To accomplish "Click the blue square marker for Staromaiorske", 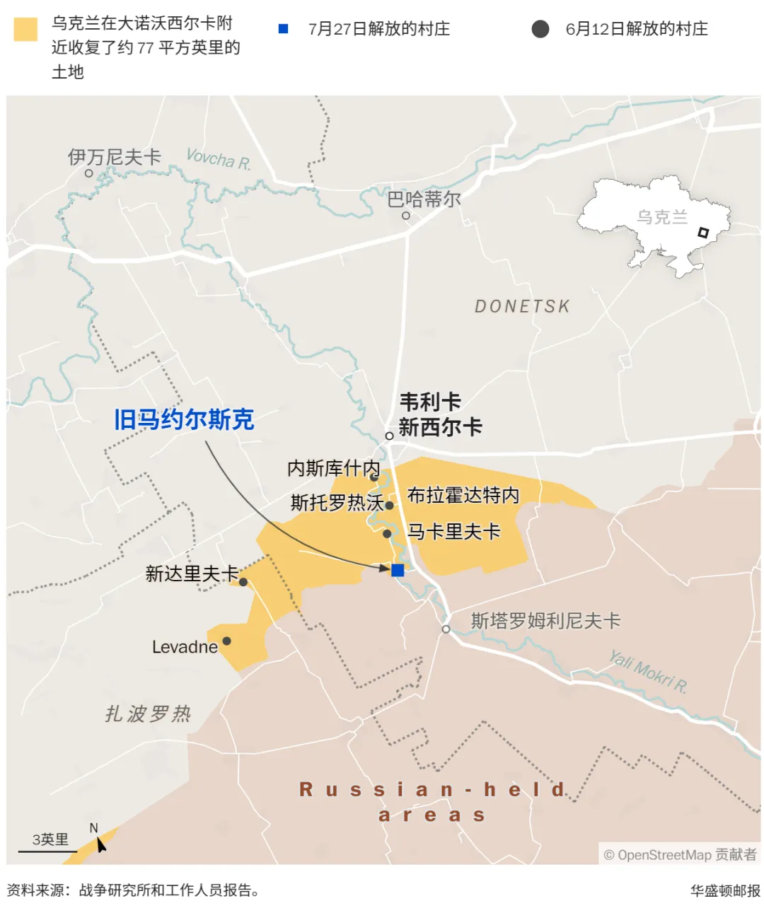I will (x=398, y=570).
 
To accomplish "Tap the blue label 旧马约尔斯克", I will (x=184, y=419).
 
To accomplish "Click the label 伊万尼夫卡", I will (x=115, y=157).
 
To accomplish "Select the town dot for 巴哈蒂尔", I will (x=406, y=216).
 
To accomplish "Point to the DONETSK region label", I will (x=522, y=306).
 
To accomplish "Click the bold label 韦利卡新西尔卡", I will (x=439, y=414).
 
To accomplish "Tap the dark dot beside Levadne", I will (x=226, y=641).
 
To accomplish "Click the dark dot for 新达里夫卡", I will (x=243, y=582).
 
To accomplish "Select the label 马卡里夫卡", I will (x=454, y=532).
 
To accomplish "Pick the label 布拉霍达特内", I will (x=463, y=495).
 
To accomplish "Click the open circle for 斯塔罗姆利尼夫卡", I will (x=446, y=629).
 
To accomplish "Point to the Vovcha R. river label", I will (x=218, y=159).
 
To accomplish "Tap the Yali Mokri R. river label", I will (x=648, y=672).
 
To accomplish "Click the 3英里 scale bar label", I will (x=50, y=839).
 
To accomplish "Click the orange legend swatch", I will (x=25, y=30).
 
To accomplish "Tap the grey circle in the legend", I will (x=540, y=29).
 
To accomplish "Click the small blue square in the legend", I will (x=284, y=29).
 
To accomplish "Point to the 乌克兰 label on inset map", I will (x=662, y=217).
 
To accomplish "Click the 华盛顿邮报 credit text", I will (x=725, y=891).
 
